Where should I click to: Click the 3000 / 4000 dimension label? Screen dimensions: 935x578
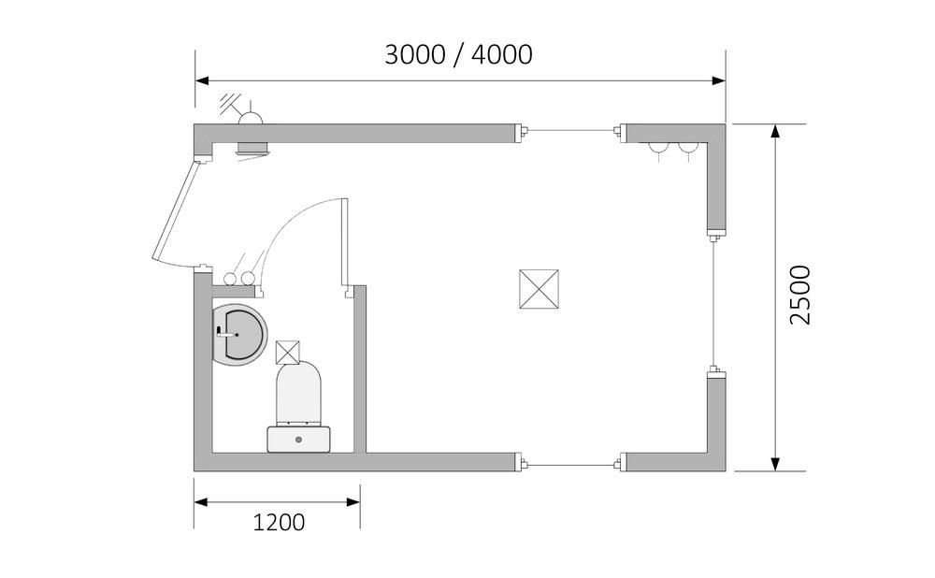coord(458,55)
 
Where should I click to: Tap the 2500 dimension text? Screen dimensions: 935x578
coord(800,296)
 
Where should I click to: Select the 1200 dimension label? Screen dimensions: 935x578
coord(279,523)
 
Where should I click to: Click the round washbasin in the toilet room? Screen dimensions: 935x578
coord(239,334)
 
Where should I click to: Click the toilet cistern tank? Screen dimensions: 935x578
coord(299,439)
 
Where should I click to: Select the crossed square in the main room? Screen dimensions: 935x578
coord(539,289)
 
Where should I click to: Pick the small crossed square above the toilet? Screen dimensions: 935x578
coord(288,352)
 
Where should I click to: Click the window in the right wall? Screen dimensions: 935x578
coord(714,303)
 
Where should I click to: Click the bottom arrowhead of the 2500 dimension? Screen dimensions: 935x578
coord(775,464)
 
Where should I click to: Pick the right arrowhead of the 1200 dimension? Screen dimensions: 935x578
coord(353,502)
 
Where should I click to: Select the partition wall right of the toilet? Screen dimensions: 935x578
coord(360,368)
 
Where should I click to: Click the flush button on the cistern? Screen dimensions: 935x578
coord(299,440)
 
